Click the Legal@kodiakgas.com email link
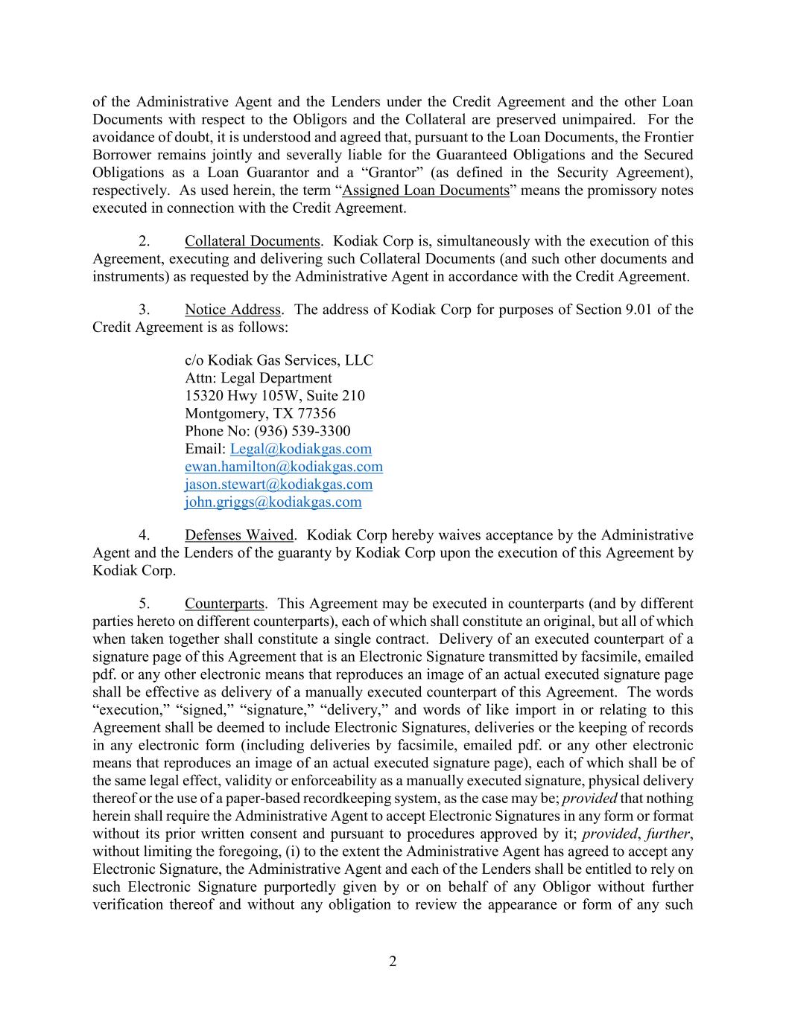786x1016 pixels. (x=301, y=449)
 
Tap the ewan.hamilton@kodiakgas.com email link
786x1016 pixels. (x=284, y=467)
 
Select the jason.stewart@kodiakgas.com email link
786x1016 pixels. (x=279, y=485)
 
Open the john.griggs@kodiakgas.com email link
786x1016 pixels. (x=273, y=502)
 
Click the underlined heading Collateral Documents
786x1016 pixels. (x=253, y=241)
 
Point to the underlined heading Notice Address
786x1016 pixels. (x=232, y=310)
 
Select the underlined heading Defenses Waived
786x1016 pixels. (x=240, y=535)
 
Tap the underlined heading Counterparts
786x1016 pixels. (x=224, y=604)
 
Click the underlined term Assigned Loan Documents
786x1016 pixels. (x=425, y=191)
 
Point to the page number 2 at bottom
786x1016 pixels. (x=393, y=962)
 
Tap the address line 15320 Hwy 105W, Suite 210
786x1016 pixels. (x=275, y=395)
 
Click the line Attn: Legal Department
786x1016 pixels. (x=259, y=377)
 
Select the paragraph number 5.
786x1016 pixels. (x=145, y=604)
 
